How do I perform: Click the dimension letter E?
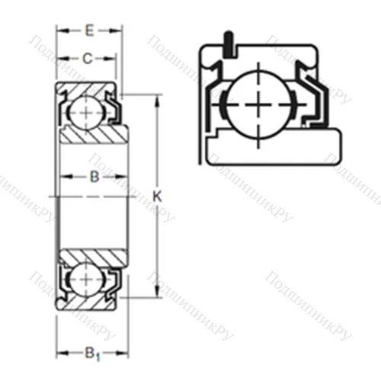(x=89, y=31)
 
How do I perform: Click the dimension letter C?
(x=88, y=58)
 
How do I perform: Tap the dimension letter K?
(x=158, y=196)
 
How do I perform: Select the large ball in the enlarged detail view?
(x=261, y=102)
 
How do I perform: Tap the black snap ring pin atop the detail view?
(x=226, y=45)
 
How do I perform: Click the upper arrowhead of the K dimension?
(x=158, y=100)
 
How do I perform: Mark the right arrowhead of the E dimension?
(x=118, y=31)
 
